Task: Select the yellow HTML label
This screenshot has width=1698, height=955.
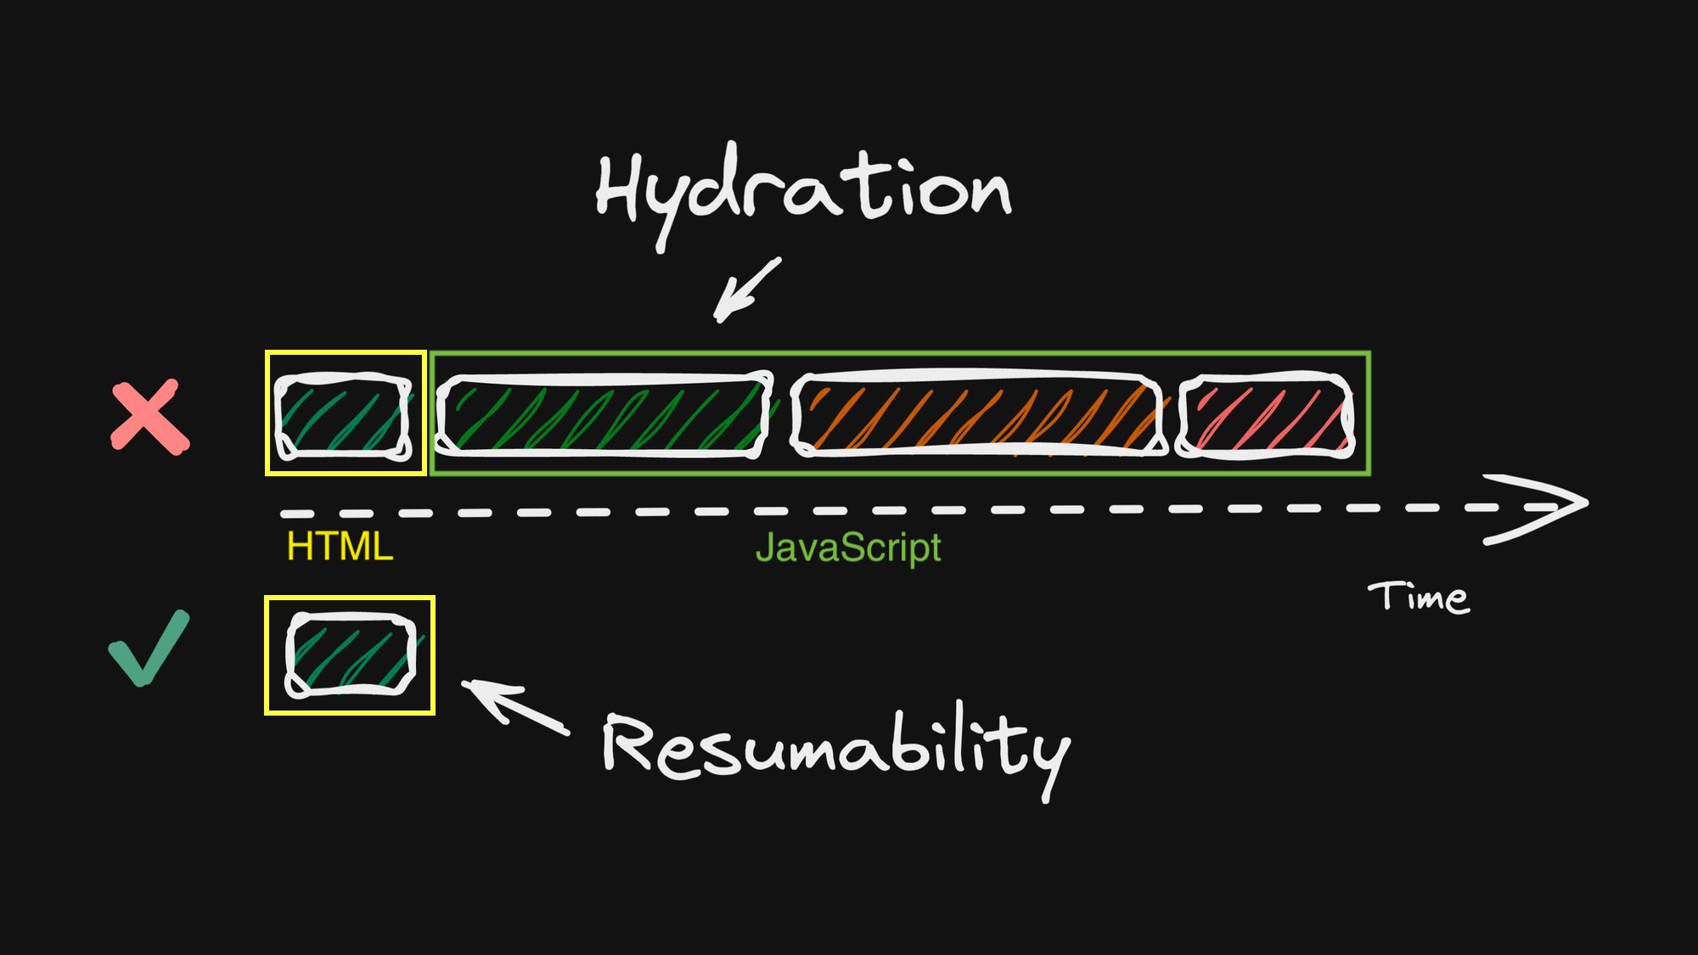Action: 340,547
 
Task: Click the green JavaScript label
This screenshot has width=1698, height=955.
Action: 848,548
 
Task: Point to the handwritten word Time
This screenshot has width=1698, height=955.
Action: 1419,597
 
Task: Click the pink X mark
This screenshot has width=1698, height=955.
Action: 150,417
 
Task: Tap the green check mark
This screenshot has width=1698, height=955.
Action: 149,648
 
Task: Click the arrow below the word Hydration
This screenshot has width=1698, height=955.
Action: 746,290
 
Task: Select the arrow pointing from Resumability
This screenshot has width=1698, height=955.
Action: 515,706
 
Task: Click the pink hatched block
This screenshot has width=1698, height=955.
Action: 1265,416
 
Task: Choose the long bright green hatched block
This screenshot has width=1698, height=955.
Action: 604,415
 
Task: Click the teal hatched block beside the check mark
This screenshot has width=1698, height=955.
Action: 351,654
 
